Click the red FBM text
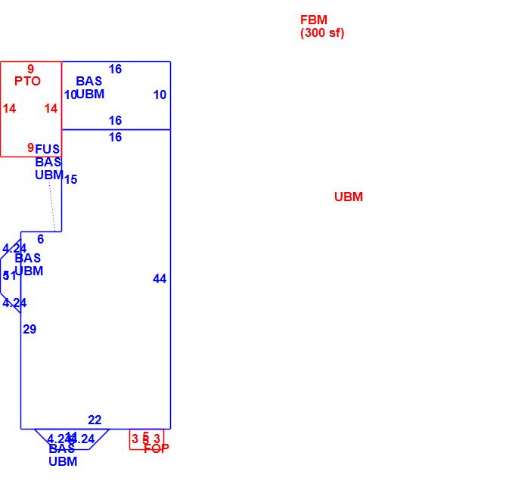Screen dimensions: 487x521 pos(314,20)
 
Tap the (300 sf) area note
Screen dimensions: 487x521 pos(322,33)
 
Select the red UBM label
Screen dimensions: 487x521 pos(349,197)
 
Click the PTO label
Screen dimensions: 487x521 pos(27,82)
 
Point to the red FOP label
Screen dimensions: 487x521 pos(157,448)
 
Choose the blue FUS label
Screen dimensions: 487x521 pos(47,150)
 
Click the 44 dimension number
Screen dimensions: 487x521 pos(160,279)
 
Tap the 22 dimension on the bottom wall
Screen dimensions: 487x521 pos(95,420)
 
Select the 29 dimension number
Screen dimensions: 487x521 pos(29,330)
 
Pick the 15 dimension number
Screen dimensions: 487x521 pos(70,180)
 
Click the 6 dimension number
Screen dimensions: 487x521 pos(41,240)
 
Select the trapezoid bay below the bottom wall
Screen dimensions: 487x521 pos(72,439)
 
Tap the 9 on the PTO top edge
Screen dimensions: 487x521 pos(31,70)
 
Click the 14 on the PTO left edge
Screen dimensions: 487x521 pos(9,109)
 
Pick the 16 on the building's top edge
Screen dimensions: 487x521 pos(115,70)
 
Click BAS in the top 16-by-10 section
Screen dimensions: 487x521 pos(88,82)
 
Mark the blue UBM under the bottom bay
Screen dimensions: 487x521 pos(63,462)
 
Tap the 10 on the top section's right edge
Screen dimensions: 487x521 pos(160,95)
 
